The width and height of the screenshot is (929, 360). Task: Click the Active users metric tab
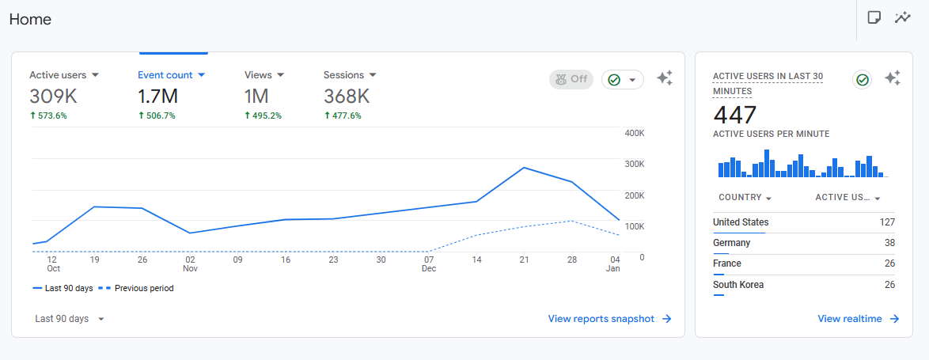[63, 75]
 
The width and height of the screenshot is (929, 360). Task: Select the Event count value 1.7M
[157, 97]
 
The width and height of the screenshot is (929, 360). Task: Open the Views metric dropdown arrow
[280, 75]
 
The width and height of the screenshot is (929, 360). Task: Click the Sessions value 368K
[347, 97]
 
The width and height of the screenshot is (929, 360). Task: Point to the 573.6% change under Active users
[48, 116]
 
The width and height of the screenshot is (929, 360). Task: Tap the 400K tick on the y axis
[634, 133]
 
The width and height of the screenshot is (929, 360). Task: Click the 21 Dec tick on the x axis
[524, 260]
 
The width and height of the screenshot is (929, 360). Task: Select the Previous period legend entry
[143, 288]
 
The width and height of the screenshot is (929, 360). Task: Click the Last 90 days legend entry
[67, 288]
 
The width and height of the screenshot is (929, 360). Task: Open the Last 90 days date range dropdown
[70, 319]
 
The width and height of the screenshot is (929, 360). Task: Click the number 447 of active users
[734, 116]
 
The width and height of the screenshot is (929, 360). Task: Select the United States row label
[741, 222]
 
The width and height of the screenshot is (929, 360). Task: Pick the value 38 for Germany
[889, 243]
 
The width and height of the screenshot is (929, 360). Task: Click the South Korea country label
[738, 285]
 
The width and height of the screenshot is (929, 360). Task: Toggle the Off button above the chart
[571, 79]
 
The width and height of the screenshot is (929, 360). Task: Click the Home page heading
[31, 20]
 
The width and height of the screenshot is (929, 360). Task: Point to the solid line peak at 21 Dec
[524, 168]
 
